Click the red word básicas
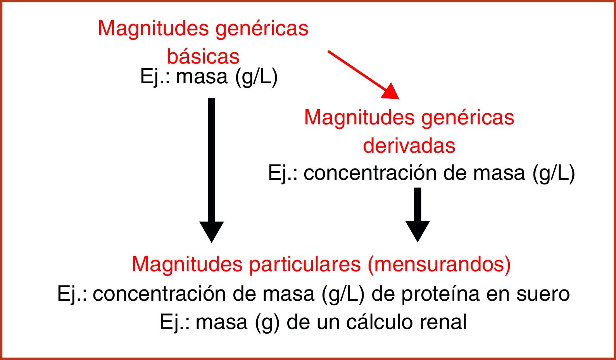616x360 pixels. click(x=203, y=57)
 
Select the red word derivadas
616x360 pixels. click(x=409, y=146)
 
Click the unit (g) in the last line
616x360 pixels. click(x=267, y=322)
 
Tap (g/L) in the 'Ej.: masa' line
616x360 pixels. click(x=256, y=77)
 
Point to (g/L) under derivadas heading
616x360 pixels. click(x=554, y=173)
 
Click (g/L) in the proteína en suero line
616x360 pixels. click(x=343, y=294)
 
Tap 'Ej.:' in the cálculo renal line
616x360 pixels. click(x=174, y=322)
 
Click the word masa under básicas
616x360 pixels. click(x=202, y=77)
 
